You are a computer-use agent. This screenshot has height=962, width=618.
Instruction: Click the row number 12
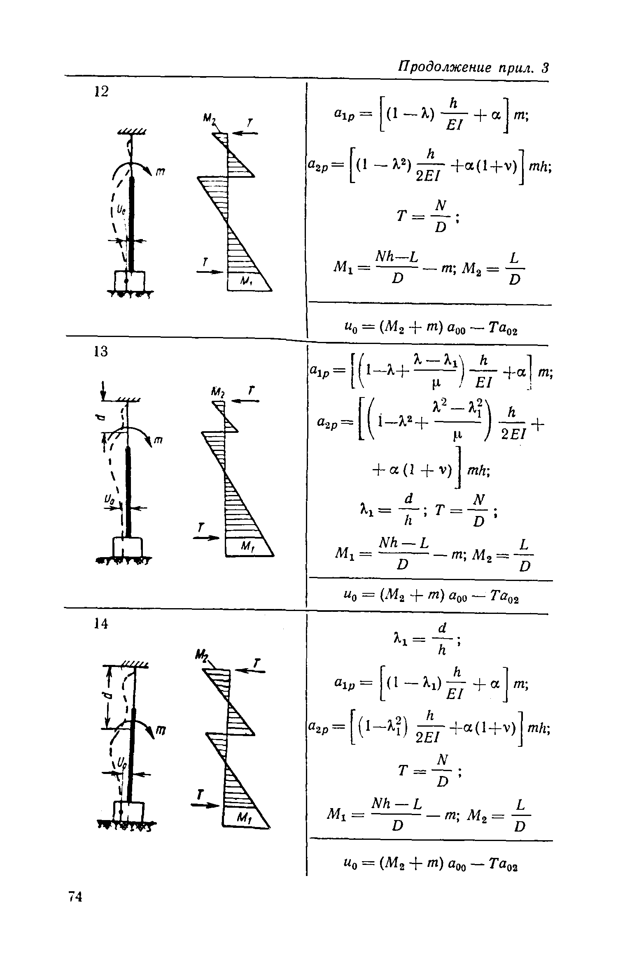100,91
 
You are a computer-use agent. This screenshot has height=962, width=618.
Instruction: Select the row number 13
100,351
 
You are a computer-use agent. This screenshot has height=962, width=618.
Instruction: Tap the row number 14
100,624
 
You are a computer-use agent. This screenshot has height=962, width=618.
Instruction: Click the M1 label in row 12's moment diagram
246,281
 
